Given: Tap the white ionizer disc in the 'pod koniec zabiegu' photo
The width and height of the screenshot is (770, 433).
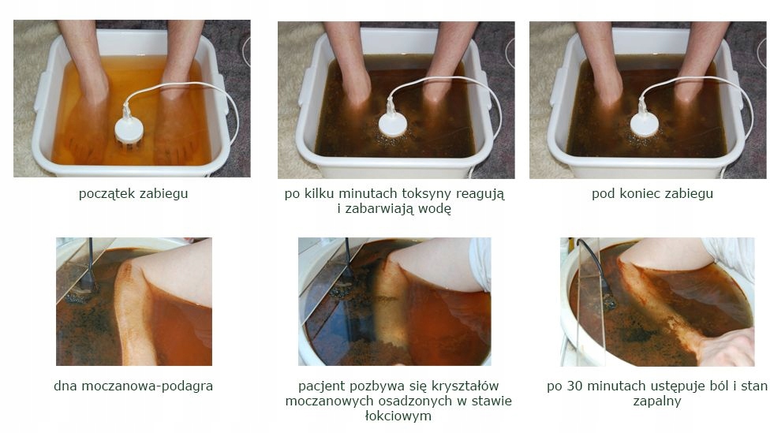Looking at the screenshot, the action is pyautogui.click(x=645, y=124).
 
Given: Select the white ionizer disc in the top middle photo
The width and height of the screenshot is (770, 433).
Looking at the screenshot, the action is pyautogui.click(x=393, y=124).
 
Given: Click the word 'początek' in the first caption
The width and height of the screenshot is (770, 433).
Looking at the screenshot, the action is pyautogui.click(x=104, y=193).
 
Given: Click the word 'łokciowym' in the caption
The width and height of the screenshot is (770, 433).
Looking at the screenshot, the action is pyautogui.click(x=398, y=416).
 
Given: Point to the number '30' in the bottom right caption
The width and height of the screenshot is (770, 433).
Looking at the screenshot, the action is pyautogui.click(x=575, y=386).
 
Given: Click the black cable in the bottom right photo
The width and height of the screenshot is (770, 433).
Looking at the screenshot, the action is pyautogui.click(x=595, y=267).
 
